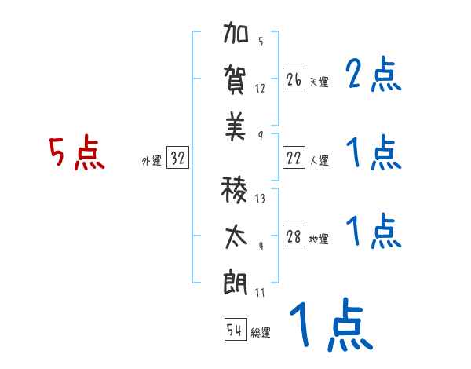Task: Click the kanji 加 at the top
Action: pyautogui.click(x=236, y=36)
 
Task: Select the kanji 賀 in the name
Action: pyautogui.click(x=236, y=81)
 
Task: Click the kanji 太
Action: pyautogui.click(x=236, y=236)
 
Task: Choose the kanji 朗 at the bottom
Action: pyautogui.click(x=236, y=281)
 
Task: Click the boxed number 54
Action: pyautogui.click(x=235, y=330)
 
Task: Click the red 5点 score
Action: pyautogui.click(x=76, y=154)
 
